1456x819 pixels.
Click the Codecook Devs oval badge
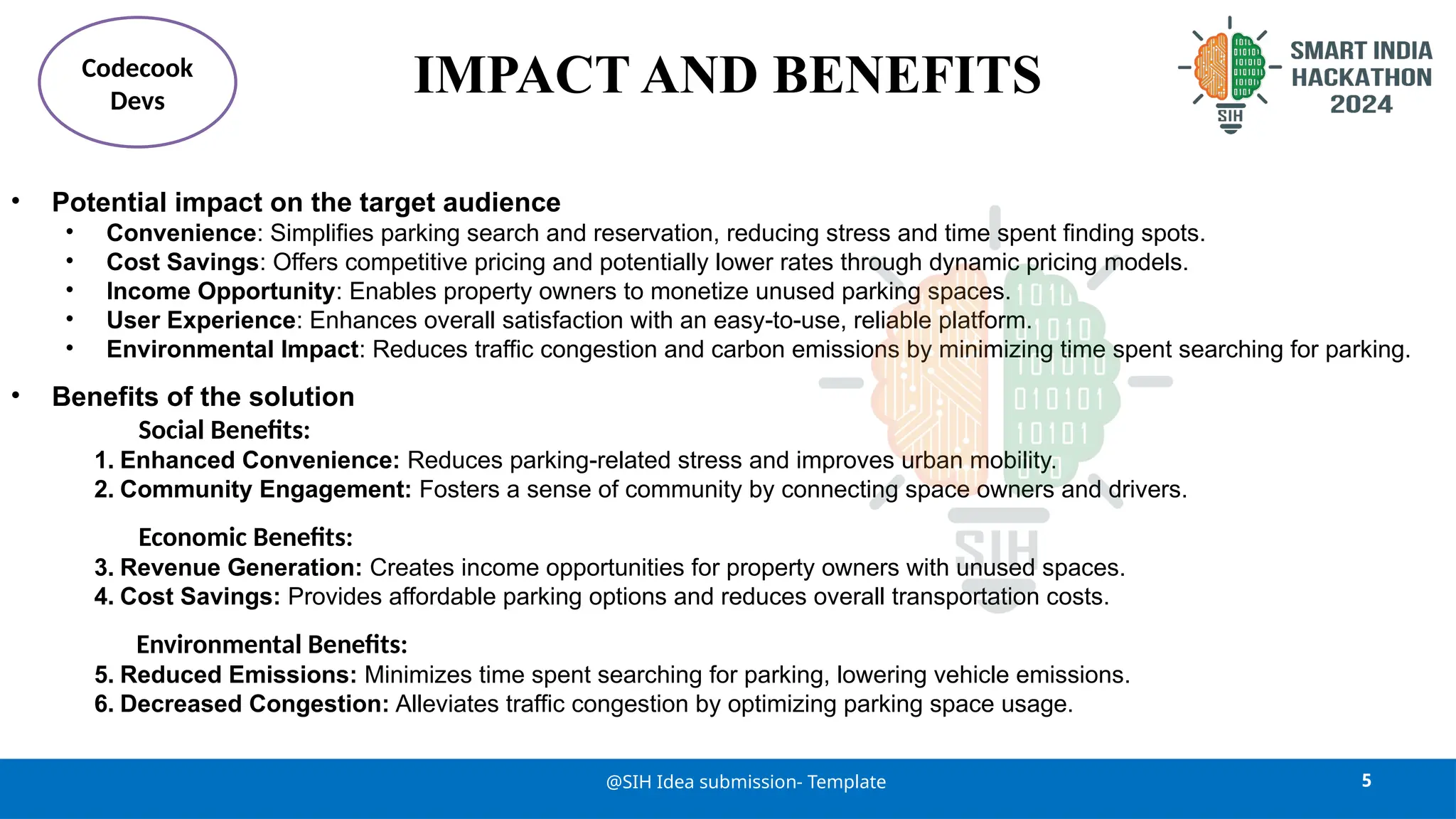[137, 82]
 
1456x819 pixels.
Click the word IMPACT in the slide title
[521, 75]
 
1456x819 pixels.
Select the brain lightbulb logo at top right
[1229, 74]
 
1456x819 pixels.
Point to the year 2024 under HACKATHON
[1361, 105]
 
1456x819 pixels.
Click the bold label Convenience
[181, 233]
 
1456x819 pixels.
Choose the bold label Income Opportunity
[220, 291]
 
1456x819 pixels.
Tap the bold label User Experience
[201, 321]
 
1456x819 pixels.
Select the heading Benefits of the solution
[203, 397]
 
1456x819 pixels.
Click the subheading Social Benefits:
[224, 430]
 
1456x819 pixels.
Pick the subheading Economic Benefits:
[245, 537]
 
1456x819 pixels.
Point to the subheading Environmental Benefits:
[272, 645]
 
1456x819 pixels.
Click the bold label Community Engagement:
[265, 490]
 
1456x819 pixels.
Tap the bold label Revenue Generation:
[241, 568]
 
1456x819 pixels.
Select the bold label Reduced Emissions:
[238, 675]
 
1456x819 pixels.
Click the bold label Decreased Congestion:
[255, 704]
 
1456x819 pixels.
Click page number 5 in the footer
[1366, 781]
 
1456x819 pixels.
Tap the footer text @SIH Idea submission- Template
[746, 782]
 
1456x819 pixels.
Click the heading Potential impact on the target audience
[306, 203]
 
